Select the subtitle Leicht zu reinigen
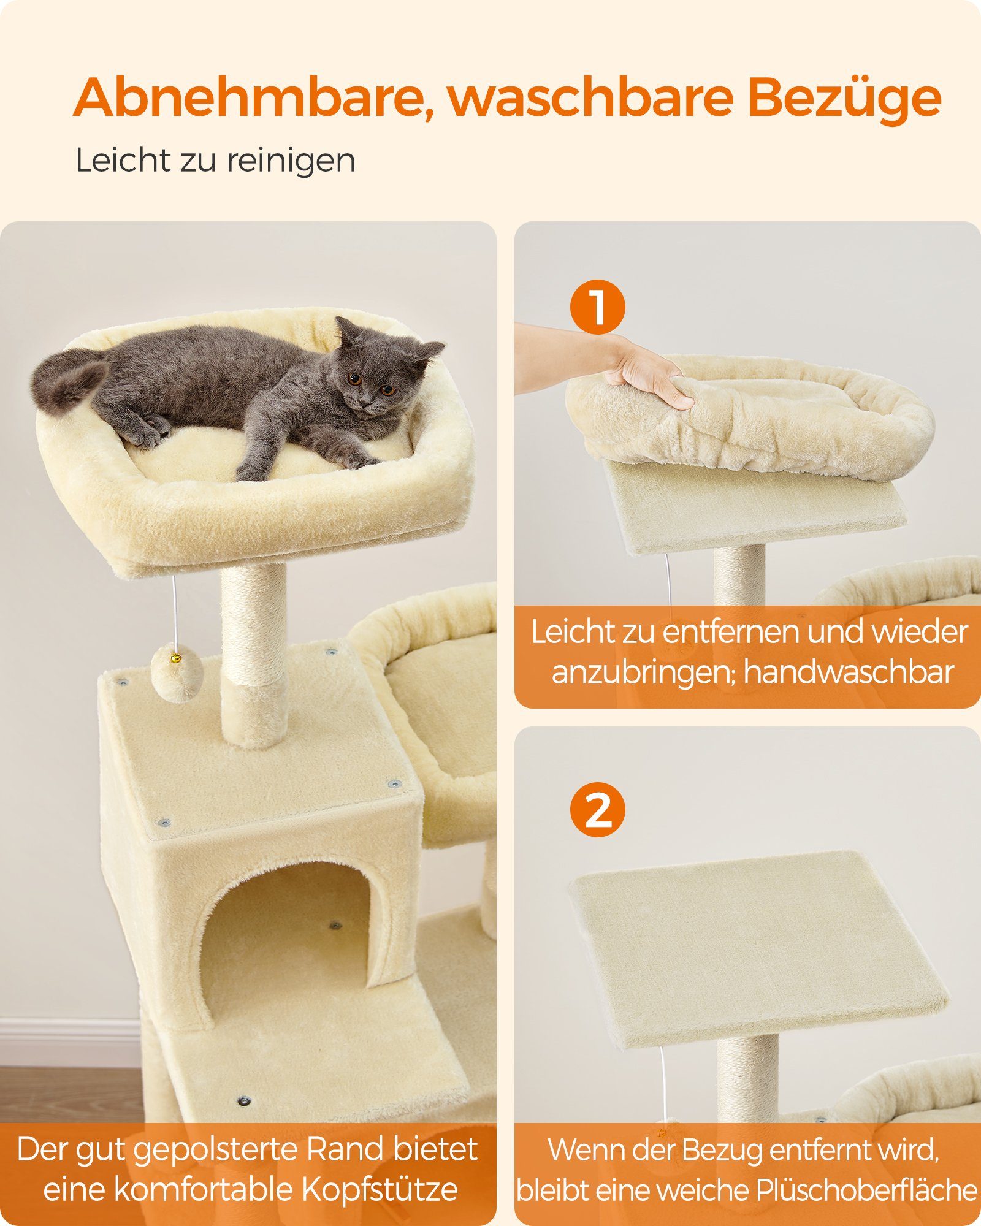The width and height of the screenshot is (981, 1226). [x=215, y=161]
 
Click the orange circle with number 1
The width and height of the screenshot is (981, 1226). [x=597, y=306]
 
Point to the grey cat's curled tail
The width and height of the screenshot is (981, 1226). [x=67, y=380]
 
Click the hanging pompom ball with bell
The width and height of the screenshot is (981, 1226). [x=177, y=675]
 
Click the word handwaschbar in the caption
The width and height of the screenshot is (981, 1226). [x=849, y=672]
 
